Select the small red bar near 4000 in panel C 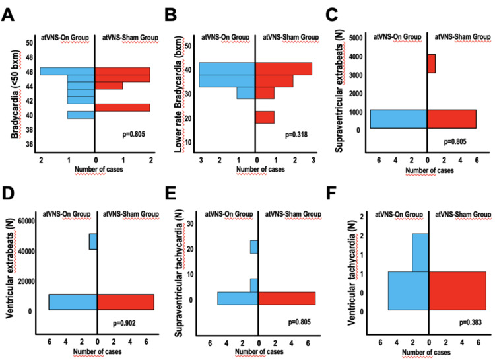tap(431, 63)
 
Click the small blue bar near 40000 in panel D tap(93, 242)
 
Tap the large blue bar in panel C tap(398, 119)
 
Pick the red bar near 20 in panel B tap(265, 118)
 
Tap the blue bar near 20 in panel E tap(253, 247)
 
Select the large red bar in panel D tap(125, 302)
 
